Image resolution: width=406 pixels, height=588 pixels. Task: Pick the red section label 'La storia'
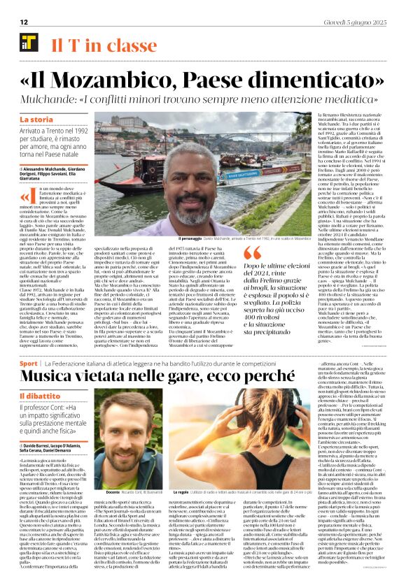click(36, 120)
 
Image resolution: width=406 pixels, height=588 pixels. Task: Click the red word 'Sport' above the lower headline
click(28, 364)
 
